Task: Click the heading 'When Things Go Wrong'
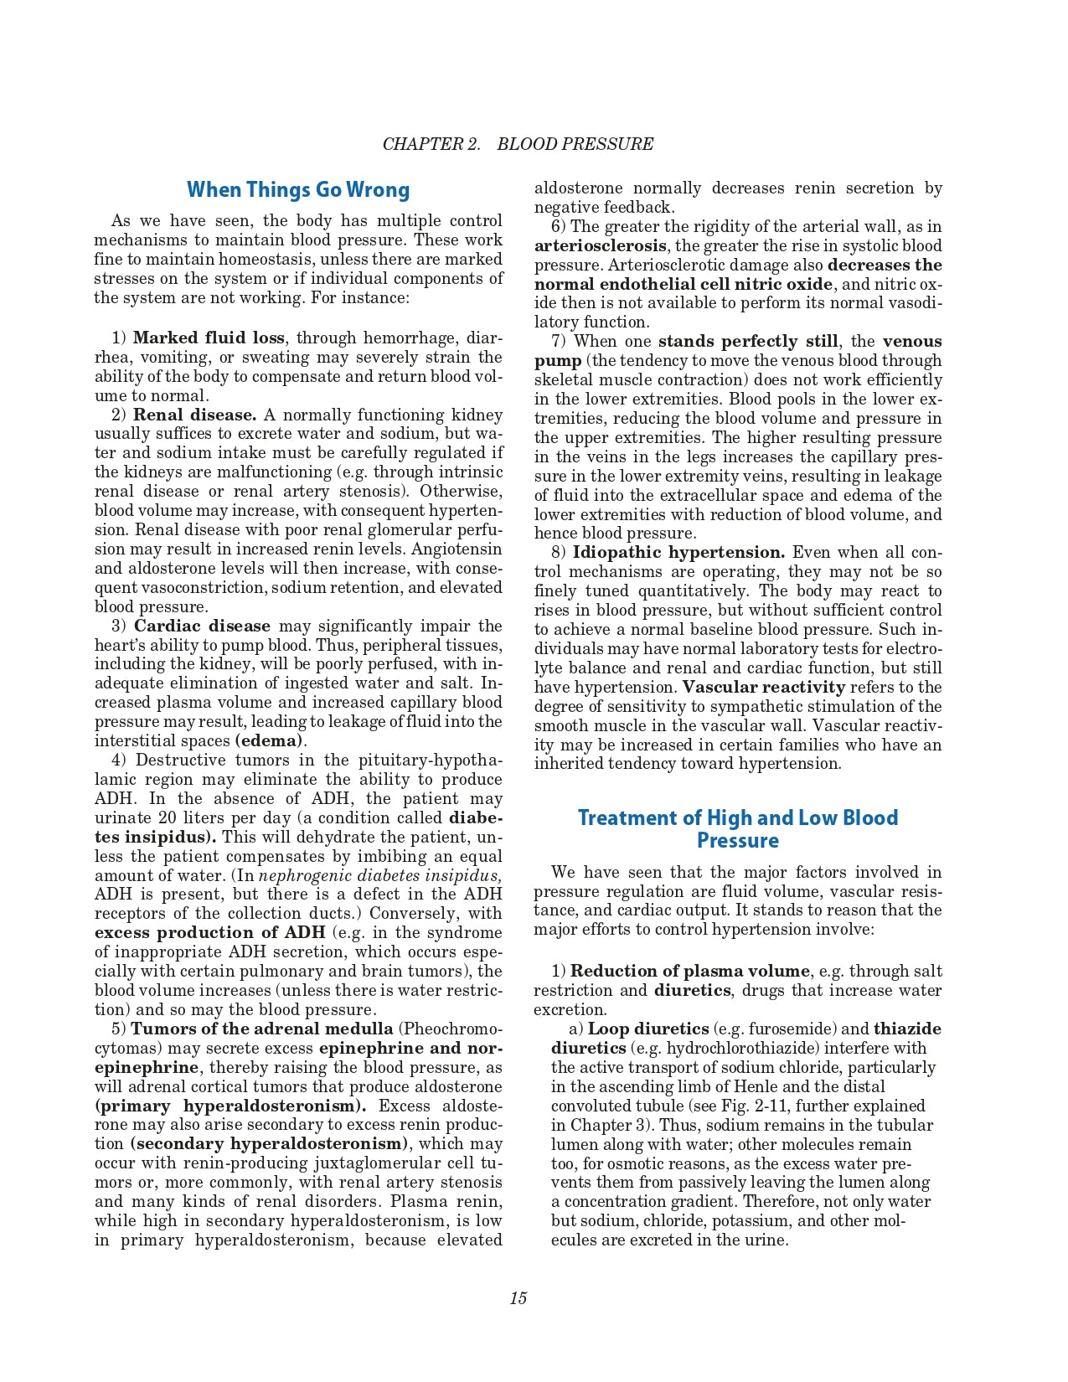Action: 298,190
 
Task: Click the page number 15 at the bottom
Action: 518,1298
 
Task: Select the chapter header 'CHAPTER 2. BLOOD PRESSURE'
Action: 518,144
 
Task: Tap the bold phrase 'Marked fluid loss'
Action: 209,338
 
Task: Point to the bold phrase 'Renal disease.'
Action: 194,415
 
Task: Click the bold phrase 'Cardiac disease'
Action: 202,626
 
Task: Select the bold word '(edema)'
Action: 268,740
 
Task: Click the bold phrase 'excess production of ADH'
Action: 209,932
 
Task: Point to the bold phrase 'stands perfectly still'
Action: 747,341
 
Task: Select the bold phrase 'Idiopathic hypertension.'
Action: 678,552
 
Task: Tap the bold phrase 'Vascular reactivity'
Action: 763,687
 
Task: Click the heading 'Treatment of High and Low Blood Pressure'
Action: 737,828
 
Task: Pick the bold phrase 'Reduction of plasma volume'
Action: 690,971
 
